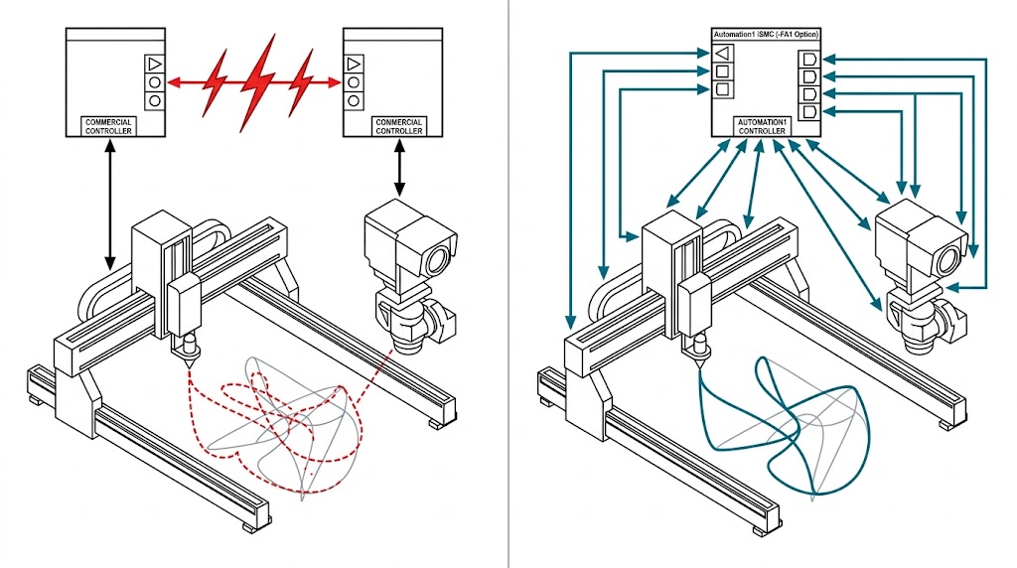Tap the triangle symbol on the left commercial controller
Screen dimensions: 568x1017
click(154, 64)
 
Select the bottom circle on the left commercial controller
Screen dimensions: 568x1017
click(154, 100)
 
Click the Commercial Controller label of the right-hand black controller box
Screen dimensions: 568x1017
click(398, 126)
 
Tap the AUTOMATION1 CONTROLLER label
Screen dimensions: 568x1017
click(762, 126)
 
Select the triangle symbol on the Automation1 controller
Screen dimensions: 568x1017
click(723, 53)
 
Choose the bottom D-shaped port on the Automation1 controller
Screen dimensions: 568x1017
click(807, 112)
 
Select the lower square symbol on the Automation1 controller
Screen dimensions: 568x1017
click(723, 90)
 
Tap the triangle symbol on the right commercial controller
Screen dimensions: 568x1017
click(353, 64)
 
